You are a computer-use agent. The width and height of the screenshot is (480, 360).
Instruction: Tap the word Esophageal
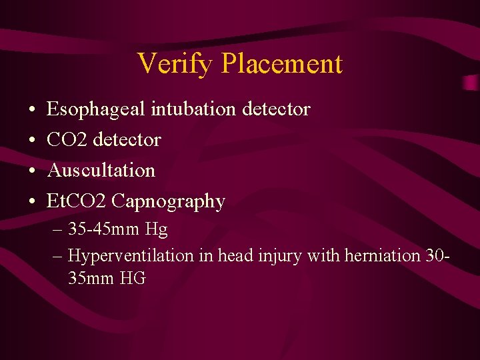(x=96, y=109)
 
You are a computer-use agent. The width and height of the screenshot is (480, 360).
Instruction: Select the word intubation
(x=192, y=109)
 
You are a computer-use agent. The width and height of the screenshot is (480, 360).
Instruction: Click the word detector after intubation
(x=275, y=109)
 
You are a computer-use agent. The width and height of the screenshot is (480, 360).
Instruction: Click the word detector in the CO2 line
(x=127, y=139)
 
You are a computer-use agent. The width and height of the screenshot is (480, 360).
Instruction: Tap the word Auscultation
(x=101, y=170)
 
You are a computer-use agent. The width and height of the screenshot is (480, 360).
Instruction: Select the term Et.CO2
(x=77, y=201)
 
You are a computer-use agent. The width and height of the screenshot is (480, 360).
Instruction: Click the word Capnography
(x=169, y=201)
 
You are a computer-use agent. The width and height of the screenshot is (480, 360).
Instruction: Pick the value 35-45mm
(x=104, y=230)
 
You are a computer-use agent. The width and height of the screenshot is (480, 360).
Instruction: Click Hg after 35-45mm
(x=156, y=231)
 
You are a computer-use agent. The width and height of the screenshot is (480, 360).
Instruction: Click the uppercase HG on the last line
(x=133, y=278)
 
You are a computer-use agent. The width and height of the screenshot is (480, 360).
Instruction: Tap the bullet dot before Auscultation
(x=32, y=171)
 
